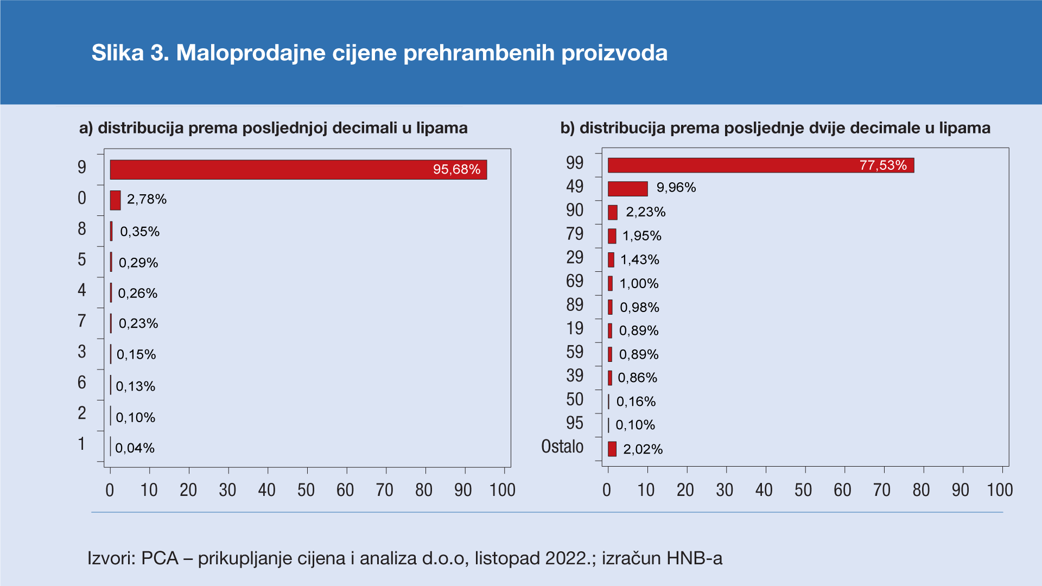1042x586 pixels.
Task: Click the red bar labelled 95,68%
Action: tap(298, 169)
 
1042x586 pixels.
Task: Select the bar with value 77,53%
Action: tap(760, 165)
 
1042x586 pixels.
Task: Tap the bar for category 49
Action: tap(627, 189)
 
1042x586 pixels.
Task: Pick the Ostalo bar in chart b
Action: tap(612, 449)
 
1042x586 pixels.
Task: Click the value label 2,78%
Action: tap(147, 199)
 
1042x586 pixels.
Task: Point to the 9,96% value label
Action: tap(676, 188)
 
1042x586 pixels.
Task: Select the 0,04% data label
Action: tap(135, 448)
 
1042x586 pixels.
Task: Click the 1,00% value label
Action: tap(639, 283)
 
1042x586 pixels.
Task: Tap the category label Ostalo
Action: tap(562, 447)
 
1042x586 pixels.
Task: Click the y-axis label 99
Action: tap(574, 163)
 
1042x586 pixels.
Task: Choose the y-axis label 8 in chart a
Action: tap(82, 229)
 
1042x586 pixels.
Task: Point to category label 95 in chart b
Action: tap(574, 423)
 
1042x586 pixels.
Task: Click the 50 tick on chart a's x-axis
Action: tap(306, 491)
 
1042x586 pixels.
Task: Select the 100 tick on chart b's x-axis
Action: tap(1000, 491)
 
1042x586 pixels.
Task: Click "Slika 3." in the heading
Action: tap(130, 53)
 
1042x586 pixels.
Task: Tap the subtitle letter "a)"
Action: tap(86, 128)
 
